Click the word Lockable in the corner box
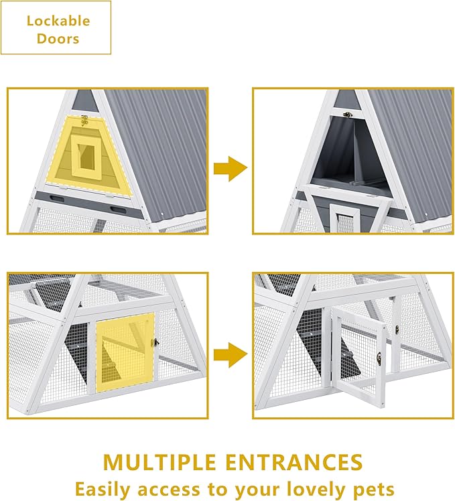[x=58, y=21]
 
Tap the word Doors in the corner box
[x=58, y=39]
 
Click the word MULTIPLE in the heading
[x=159, y=462]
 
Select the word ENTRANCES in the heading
[x=294, y=462]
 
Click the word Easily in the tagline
[x=103, y=489]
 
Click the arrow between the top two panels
[x=231, y=169]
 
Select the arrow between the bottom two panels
[x=231, y=355]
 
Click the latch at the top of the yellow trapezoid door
[x=84, y=121]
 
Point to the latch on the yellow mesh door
[x=156, y=342]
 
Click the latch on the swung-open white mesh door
[x=379, y=358]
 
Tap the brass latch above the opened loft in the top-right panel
[x=348, y=115]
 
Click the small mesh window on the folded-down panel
[x=344, y=222]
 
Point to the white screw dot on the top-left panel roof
[x=162, y=214]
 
